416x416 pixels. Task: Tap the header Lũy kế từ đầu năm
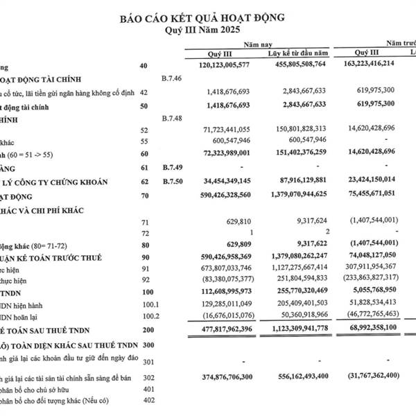297,53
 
